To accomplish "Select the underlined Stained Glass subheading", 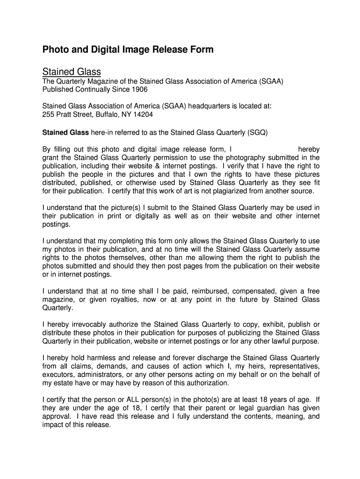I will point(72,72).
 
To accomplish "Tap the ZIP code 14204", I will point(143,115).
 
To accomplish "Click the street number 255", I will point(49,115).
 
